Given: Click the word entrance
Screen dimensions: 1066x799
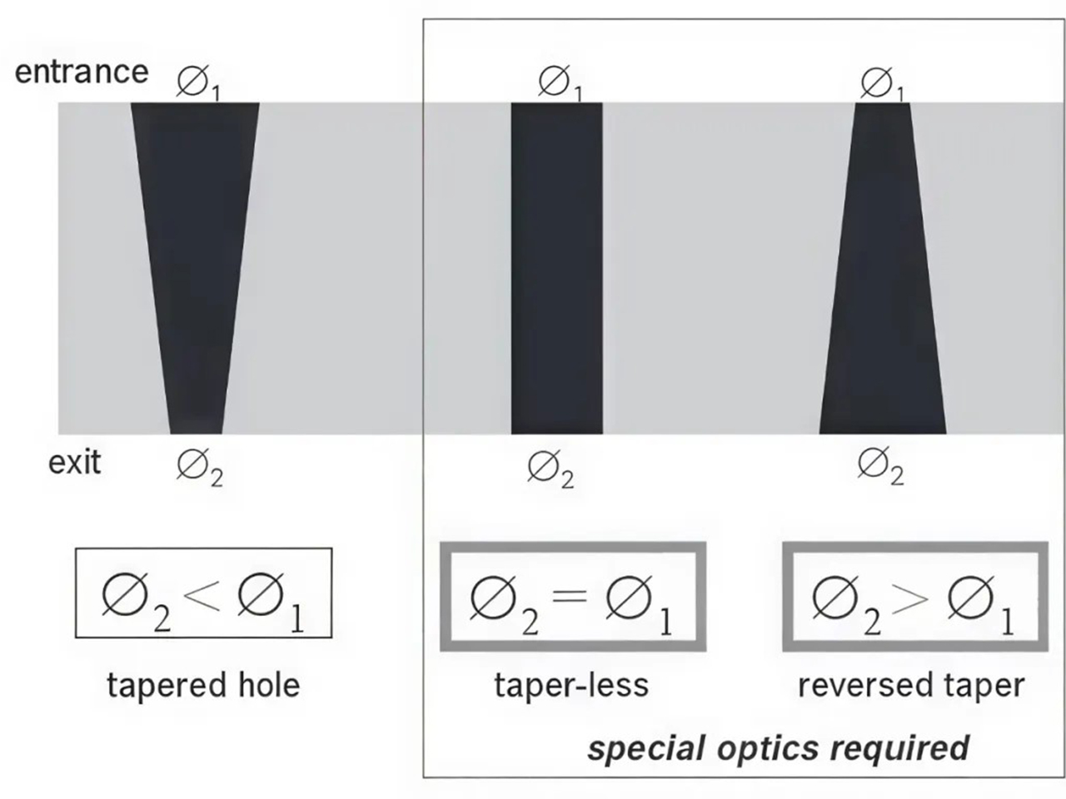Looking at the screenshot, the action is [x=82, y=72].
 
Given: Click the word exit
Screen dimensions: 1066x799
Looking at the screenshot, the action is [x=75, y=462].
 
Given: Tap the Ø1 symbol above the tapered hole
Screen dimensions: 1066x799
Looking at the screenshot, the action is [x=198, y=83].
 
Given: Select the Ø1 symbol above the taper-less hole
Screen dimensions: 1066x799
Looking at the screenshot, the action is [x=560, y=83].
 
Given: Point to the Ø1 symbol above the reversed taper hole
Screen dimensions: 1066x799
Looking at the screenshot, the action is [x=882, y=84].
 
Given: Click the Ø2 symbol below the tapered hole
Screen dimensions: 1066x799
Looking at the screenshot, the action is [x=200, y=467].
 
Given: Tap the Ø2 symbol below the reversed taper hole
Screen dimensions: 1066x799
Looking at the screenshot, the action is [x=880, y=466].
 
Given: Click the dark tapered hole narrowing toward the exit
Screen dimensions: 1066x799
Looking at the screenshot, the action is [x=195, y=268].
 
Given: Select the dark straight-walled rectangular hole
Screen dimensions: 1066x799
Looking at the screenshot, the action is [x=557, y=268].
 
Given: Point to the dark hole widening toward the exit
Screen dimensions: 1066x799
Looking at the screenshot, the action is [x=883, y=268].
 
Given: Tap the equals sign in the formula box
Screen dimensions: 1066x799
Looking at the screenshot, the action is [x=570, y=596].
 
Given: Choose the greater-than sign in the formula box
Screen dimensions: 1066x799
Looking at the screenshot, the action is [x=910, y=598].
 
